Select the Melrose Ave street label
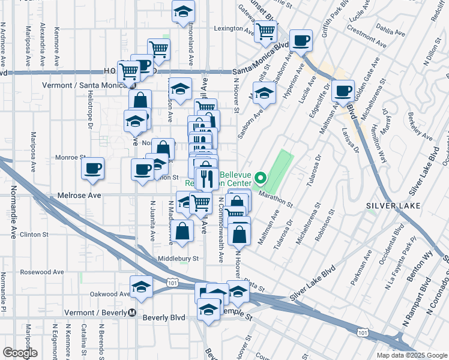(79, 196)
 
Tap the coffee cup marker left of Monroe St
(93, 169)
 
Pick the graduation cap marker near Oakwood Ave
(141, 287)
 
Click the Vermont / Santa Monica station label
(79, 85)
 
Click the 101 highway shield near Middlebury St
(173, 282)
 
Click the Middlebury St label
(178, 258)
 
